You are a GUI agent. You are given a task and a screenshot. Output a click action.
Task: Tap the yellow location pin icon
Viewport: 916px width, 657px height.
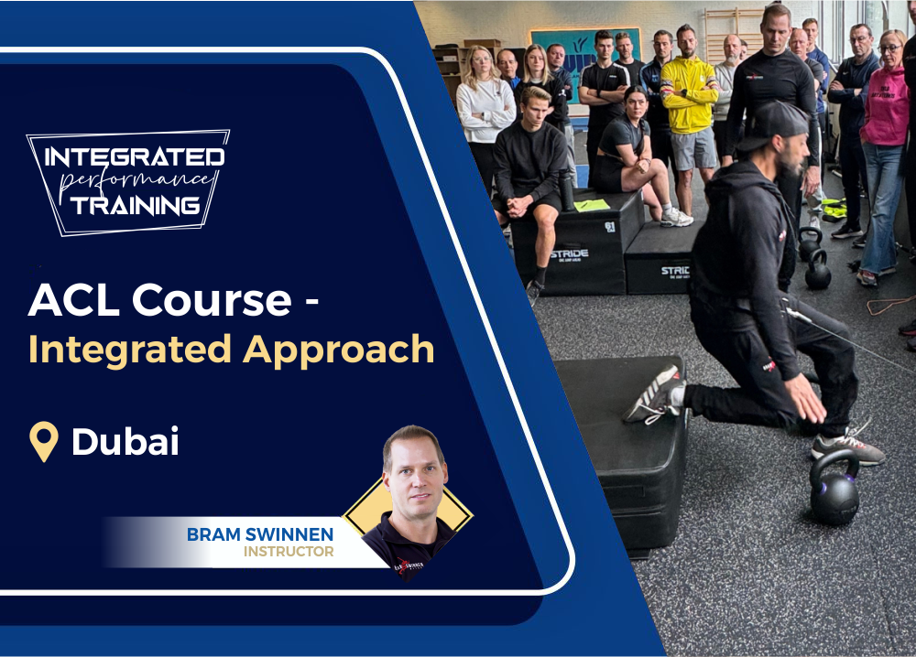[x=43, y=441]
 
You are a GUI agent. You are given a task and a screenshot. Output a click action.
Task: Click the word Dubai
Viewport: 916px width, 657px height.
[x=125, y=442]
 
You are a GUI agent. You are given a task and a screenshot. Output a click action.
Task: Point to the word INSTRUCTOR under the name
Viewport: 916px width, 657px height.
[x=288, y=552]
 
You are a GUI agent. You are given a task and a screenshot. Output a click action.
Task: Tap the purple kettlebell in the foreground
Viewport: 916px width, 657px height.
[x=834, y=490]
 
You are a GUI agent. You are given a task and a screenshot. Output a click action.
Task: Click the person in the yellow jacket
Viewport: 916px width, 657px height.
[x=690, y=101]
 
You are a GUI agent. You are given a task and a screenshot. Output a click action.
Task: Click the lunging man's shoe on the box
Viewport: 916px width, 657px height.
[x=656, y=394]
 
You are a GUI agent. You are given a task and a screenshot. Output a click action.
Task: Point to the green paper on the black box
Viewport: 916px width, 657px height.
[x=592, y=205]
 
